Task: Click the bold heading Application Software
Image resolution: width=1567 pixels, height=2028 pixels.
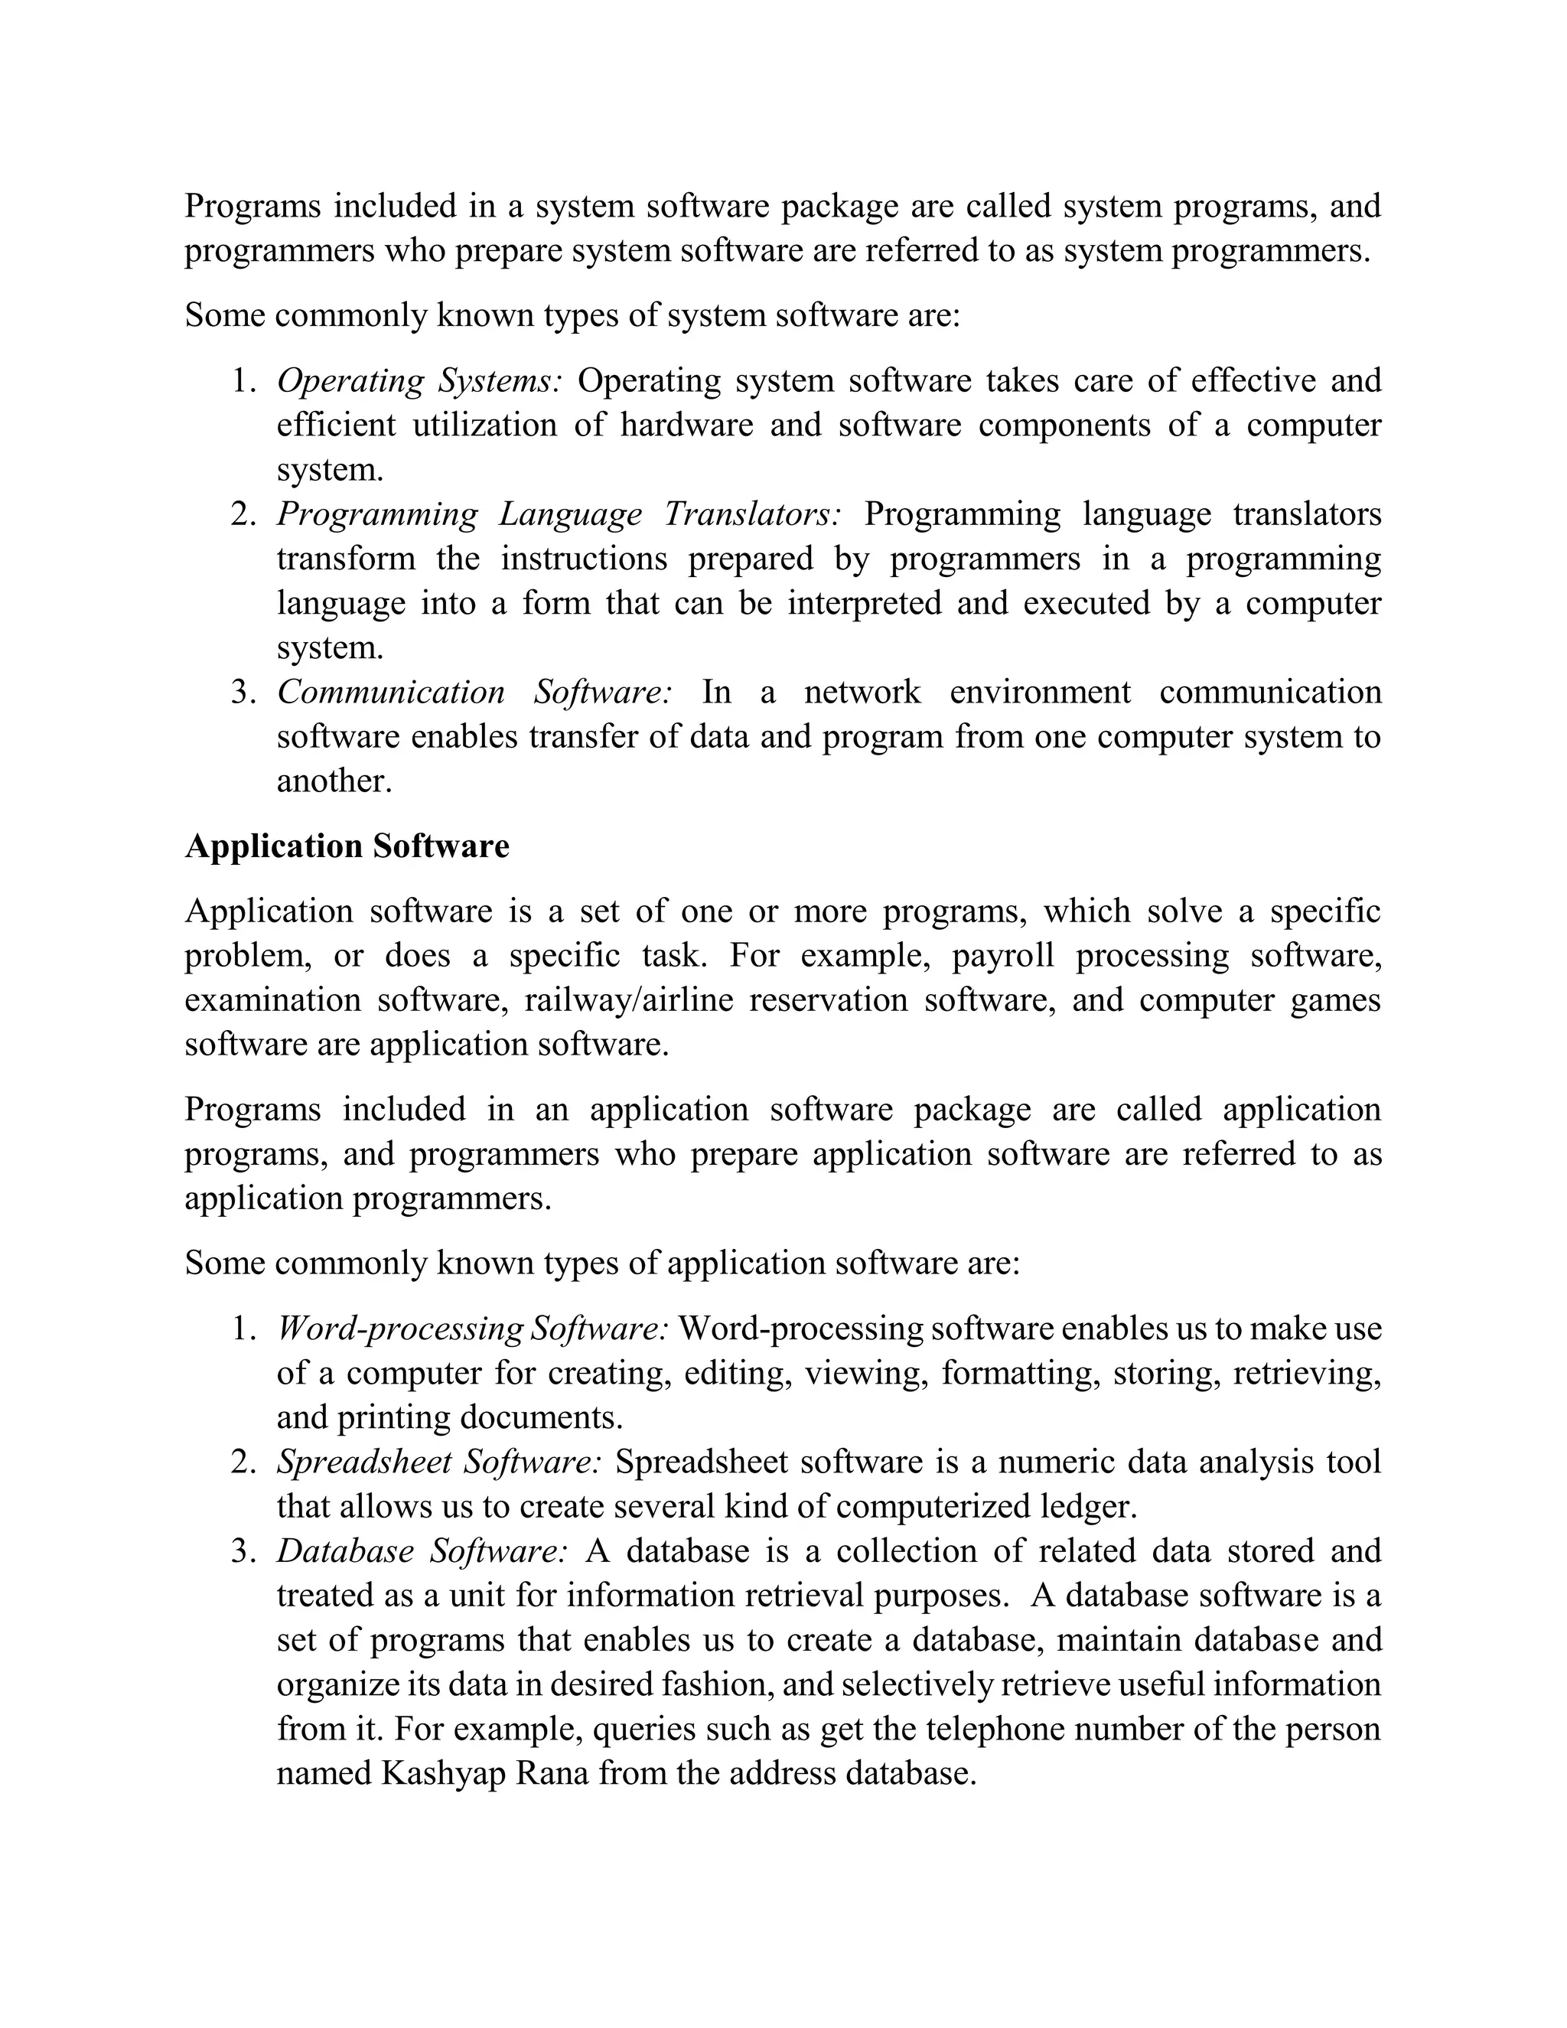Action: [x=347, y=846]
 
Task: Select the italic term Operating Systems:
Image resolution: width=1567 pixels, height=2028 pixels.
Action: [x=419, y=380]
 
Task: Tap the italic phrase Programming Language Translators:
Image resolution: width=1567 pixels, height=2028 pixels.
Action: [x=559, y=514]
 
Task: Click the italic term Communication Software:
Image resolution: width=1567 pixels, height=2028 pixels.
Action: [x=474, y=692]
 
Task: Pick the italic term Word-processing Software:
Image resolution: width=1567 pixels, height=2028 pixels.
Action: [x=471, y=1329]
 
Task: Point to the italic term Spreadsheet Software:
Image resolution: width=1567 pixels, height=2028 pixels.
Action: [x=439, y=1462]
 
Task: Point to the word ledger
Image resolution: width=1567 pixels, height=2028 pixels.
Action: [x=1088, y=1506]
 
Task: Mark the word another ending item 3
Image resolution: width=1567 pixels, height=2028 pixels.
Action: [x=334, y=781]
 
